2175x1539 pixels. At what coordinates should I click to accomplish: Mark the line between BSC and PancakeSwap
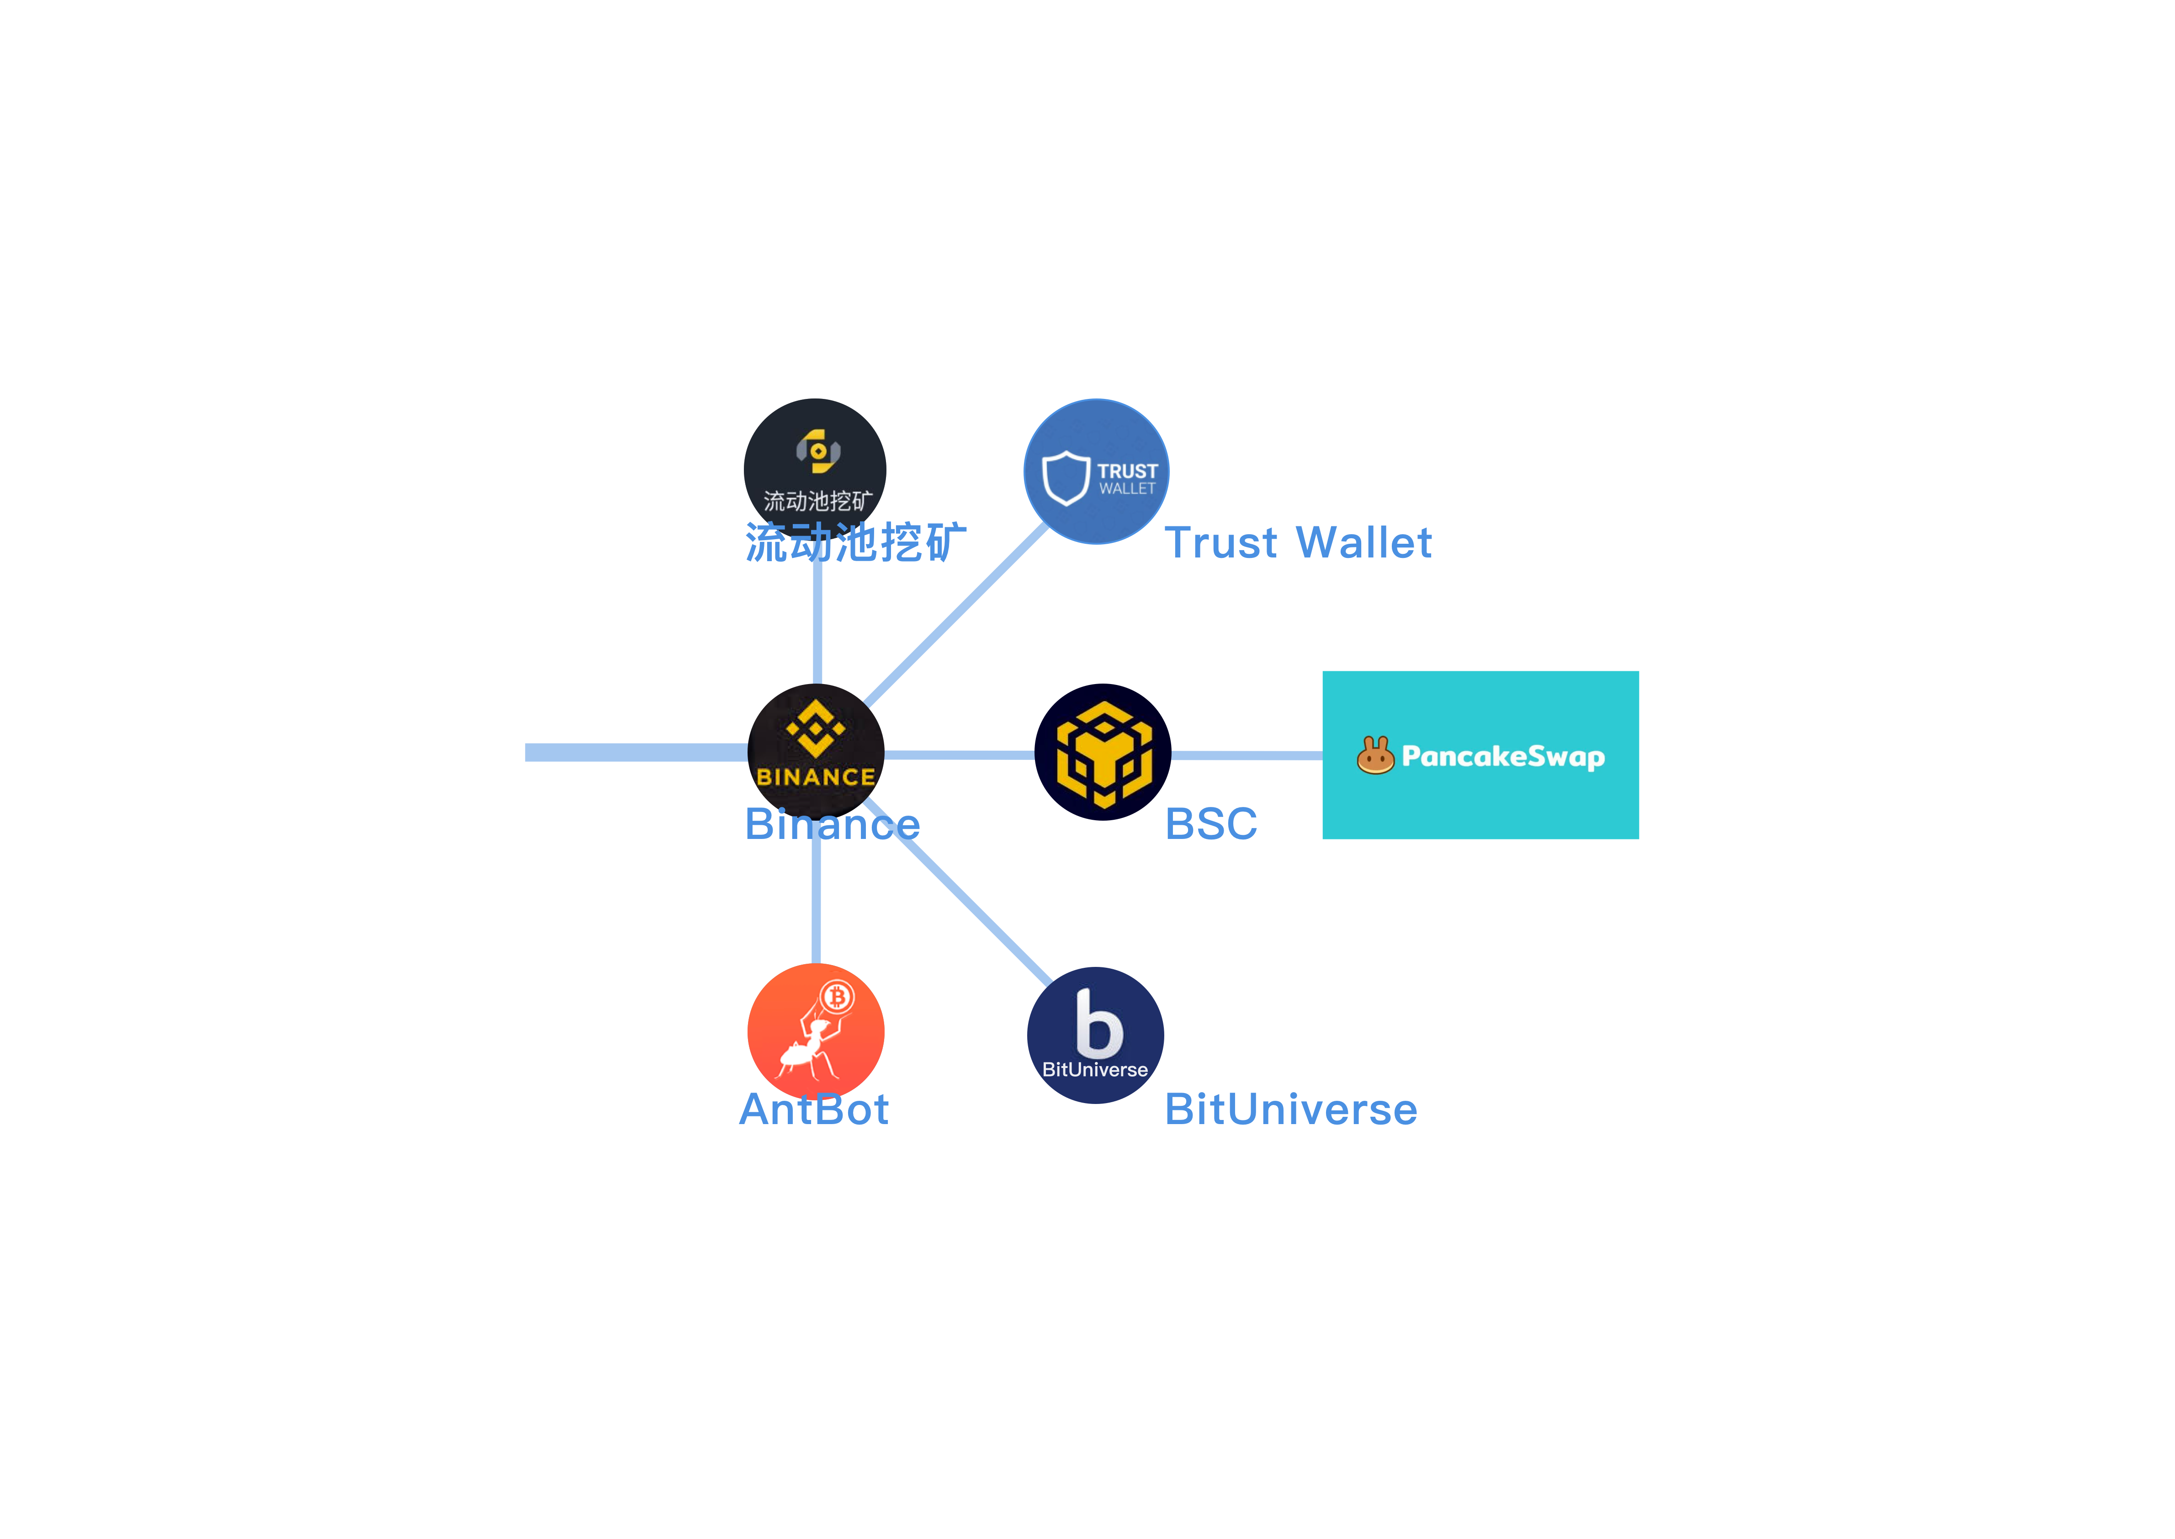(1246, 755)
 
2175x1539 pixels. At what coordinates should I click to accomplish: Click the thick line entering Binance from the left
(635, 753)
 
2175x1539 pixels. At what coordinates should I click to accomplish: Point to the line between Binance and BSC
(959, 754)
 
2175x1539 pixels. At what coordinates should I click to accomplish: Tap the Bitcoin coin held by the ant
(837, 997)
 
